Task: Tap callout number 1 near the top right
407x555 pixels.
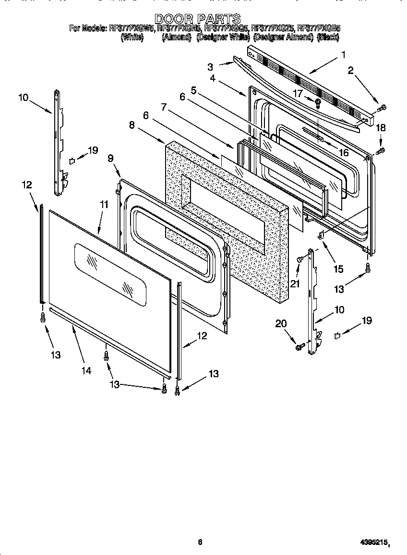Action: click(343, 54)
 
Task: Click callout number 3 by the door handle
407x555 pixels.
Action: click(210, 66)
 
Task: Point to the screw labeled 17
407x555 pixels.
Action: click(318, 101)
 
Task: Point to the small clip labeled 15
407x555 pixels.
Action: click(321, 235)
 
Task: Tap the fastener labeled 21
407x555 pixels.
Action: click(300, 259)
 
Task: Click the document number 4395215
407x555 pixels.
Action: click(374, 543)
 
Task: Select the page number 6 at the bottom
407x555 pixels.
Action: click(200, 542)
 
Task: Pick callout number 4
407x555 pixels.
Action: click(213, 78)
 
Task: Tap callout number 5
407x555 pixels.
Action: click(193, 90)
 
